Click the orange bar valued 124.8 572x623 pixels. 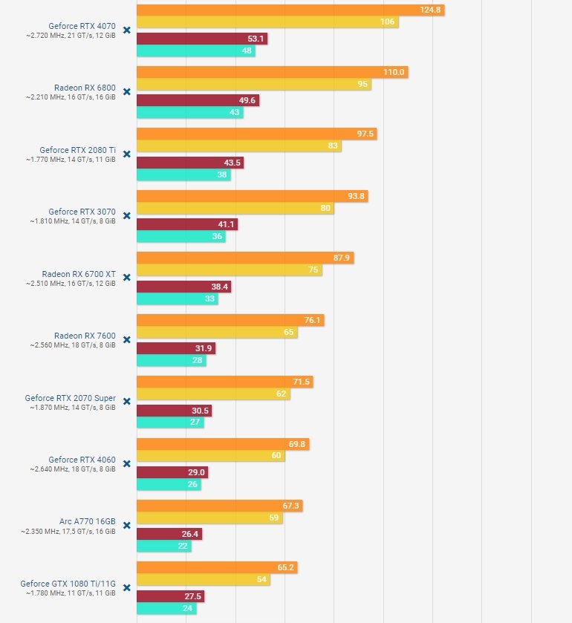point(290,10)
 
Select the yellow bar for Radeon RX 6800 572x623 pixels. point(253,85)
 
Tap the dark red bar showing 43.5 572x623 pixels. point(189,163)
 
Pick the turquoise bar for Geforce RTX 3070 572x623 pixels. point(181,237)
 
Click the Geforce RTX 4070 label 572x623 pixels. point(82,25)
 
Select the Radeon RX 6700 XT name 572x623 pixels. point(85,273)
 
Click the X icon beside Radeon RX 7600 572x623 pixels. point(126,339)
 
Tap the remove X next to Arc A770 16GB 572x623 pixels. point(126,525)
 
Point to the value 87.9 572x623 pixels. point(342,258)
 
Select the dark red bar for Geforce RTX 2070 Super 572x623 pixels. point(174,411)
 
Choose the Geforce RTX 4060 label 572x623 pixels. point(82,459)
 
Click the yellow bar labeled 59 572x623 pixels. point(209,518)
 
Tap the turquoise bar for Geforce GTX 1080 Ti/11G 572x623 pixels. point(166,609)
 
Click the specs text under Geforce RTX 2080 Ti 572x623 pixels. point(71,160)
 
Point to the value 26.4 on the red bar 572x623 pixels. point(190,534)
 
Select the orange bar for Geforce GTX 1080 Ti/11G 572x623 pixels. point(217,567)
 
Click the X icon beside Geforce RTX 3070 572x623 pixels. point(126,215)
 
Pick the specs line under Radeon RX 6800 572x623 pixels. point(71,97)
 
